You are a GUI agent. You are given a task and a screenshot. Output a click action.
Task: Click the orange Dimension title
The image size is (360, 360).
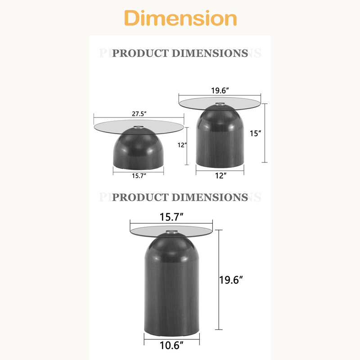pyautogui.click(x=180, y=18)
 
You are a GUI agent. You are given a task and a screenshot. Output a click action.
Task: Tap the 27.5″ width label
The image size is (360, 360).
pyautogui.click(x=139, y=114)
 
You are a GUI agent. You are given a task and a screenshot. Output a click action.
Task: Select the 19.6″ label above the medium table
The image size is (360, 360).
pyautogui.click(x=220, y=90)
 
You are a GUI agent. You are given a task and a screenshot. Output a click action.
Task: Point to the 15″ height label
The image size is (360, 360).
pyautogui.click(x=255, y=133)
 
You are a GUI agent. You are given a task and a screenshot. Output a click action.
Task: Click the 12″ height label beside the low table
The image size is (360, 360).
pyautogui.click(x=182, y=145)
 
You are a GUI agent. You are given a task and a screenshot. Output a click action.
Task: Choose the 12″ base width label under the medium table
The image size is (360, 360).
pyautogui.click(x=220, y=175)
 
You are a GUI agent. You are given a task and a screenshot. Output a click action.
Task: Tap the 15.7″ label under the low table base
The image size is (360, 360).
pyautogui.click(x=139, y=176)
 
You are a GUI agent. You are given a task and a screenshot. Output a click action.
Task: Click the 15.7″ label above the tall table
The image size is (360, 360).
pyautogui.click(x=171, y=217)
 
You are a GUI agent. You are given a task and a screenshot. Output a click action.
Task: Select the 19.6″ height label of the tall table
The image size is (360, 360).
pyautogui.click(x=231, y=280)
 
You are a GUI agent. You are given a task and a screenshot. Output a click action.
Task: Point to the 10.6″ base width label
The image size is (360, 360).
pyautogui.click(x=171, y=345)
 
